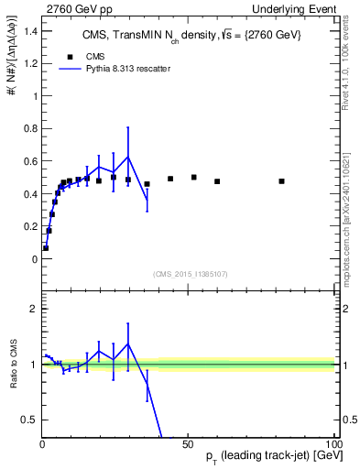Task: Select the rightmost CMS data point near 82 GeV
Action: tap(281, 181)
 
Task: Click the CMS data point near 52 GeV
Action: tap(193, 177)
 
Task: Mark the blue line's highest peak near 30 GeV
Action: tap(128, 157)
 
